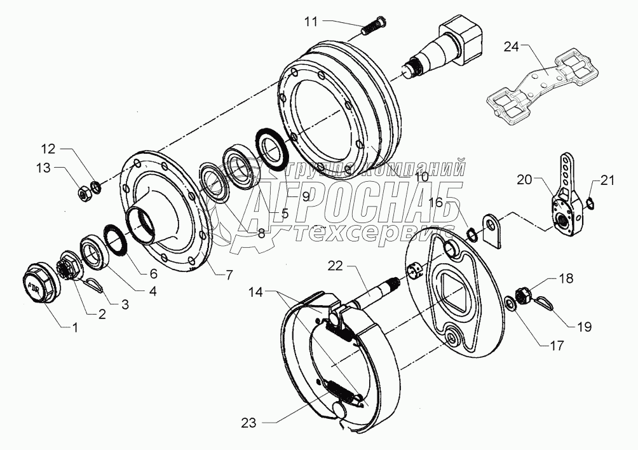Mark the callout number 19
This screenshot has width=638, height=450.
584,327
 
